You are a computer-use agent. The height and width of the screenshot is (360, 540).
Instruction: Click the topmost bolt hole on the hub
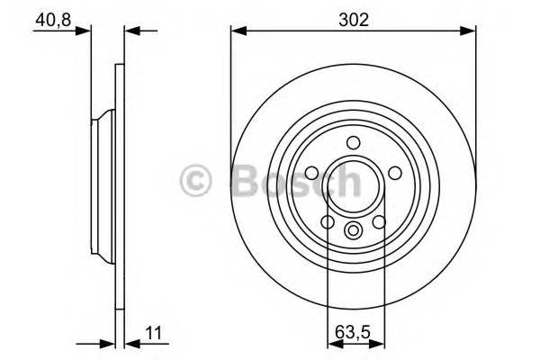click(353, 141)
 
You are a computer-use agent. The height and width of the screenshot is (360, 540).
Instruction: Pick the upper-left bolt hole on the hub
click(311, 173)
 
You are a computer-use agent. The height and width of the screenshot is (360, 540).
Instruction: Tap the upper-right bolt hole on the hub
click(395, 173)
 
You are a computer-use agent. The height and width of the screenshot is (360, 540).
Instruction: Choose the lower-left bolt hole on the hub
click(328, 221)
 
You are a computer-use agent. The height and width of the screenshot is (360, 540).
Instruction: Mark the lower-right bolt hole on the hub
click(379, 221)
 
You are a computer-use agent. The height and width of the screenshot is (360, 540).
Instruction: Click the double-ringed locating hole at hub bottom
click(353, 230)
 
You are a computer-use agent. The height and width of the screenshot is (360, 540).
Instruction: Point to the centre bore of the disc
click(353, 184)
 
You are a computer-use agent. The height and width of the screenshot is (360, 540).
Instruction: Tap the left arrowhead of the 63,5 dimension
click(331, 343)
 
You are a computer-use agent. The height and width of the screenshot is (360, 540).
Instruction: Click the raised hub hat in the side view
click(99, 184)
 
